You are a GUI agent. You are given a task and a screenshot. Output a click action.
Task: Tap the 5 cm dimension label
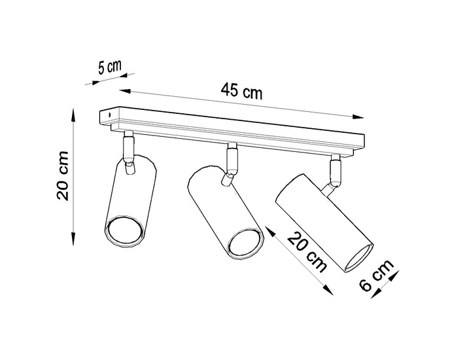coord(109,67)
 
